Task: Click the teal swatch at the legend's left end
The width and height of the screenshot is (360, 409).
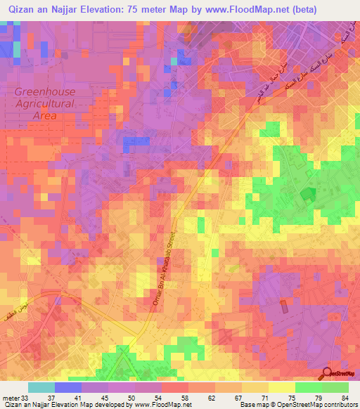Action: [41, 388]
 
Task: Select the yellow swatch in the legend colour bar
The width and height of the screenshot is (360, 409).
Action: [281, 388]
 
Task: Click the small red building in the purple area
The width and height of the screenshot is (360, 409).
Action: [283, 307]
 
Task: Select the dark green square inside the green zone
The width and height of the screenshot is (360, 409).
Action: [307, 195]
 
